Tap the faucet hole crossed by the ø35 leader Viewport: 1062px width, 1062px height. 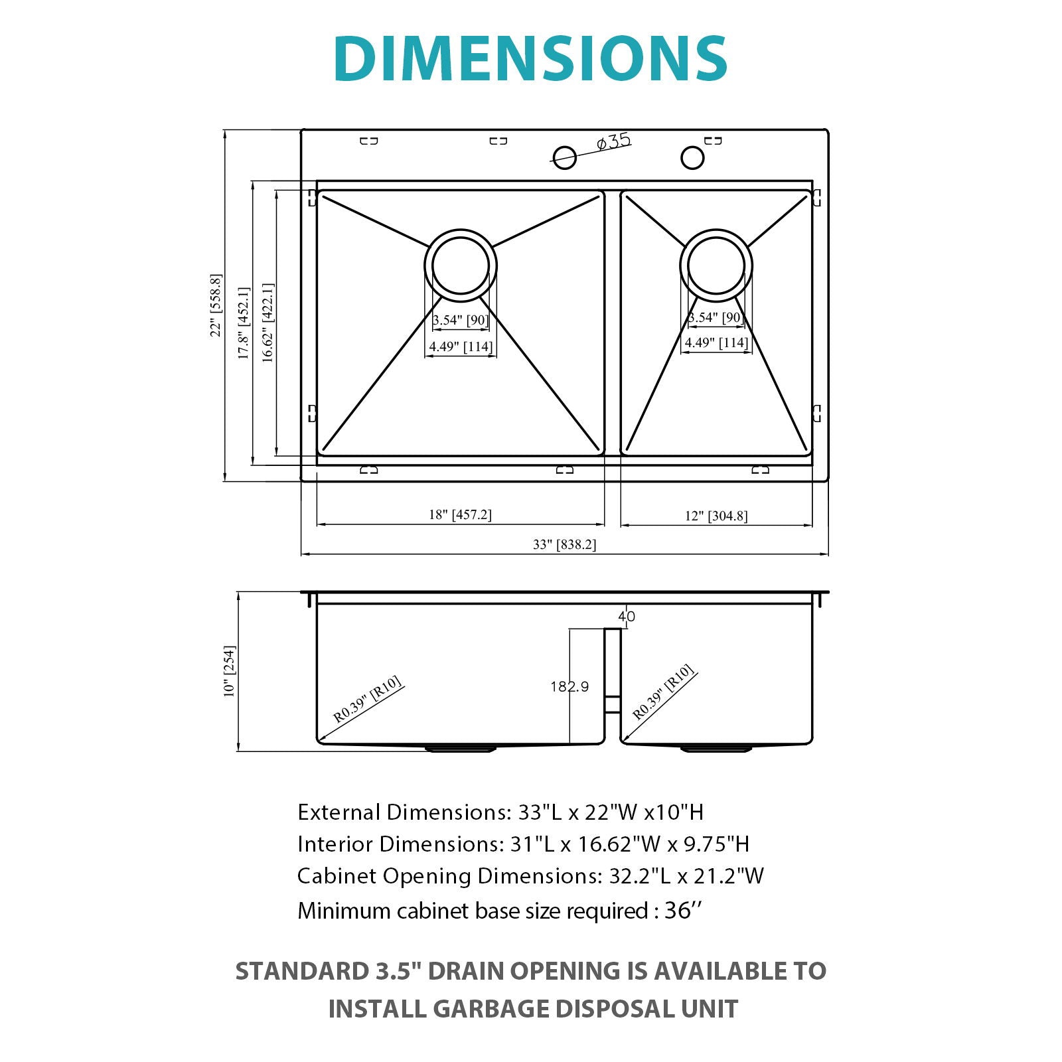click(564, 157)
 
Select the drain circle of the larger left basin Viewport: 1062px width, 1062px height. click(460, 265)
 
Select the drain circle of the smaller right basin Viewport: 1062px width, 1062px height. click(716, 265)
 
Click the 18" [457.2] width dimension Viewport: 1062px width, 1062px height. click(460, 514)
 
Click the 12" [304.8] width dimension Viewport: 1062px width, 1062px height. click(716, 516)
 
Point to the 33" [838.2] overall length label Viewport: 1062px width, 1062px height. click(564, 544)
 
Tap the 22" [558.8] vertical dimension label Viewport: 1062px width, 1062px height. click(216, 305)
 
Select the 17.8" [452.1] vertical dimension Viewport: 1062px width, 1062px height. click(244, 323)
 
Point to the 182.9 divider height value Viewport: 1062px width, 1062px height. click(569, 686)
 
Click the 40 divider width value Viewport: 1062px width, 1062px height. click(627, 617)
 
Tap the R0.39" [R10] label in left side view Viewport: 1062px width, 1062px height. click(368, 700)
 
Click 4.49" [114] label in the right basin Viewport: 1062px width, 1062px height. click(716, 342)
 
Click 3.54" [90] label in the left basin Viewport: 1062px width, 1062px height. click(460, 320)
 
